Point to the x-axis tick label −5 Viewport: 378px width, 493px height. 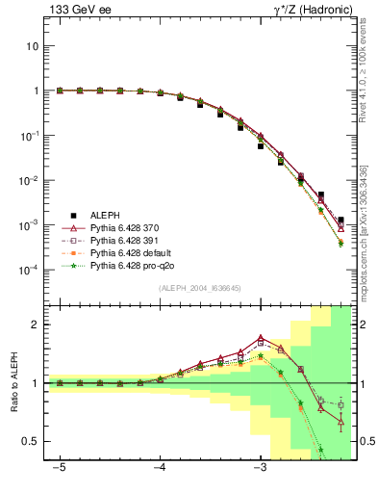59,468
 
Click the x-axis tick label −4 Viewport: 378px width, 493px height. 159,468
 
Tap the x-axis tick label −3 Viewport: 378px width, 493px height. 259,468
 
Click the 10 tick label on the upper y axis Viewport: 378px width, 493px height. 33,46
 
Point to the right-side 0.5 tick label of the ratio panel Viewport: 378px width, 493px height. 365,441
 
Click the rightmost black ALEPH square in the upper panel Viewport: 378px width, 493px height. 340,221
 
